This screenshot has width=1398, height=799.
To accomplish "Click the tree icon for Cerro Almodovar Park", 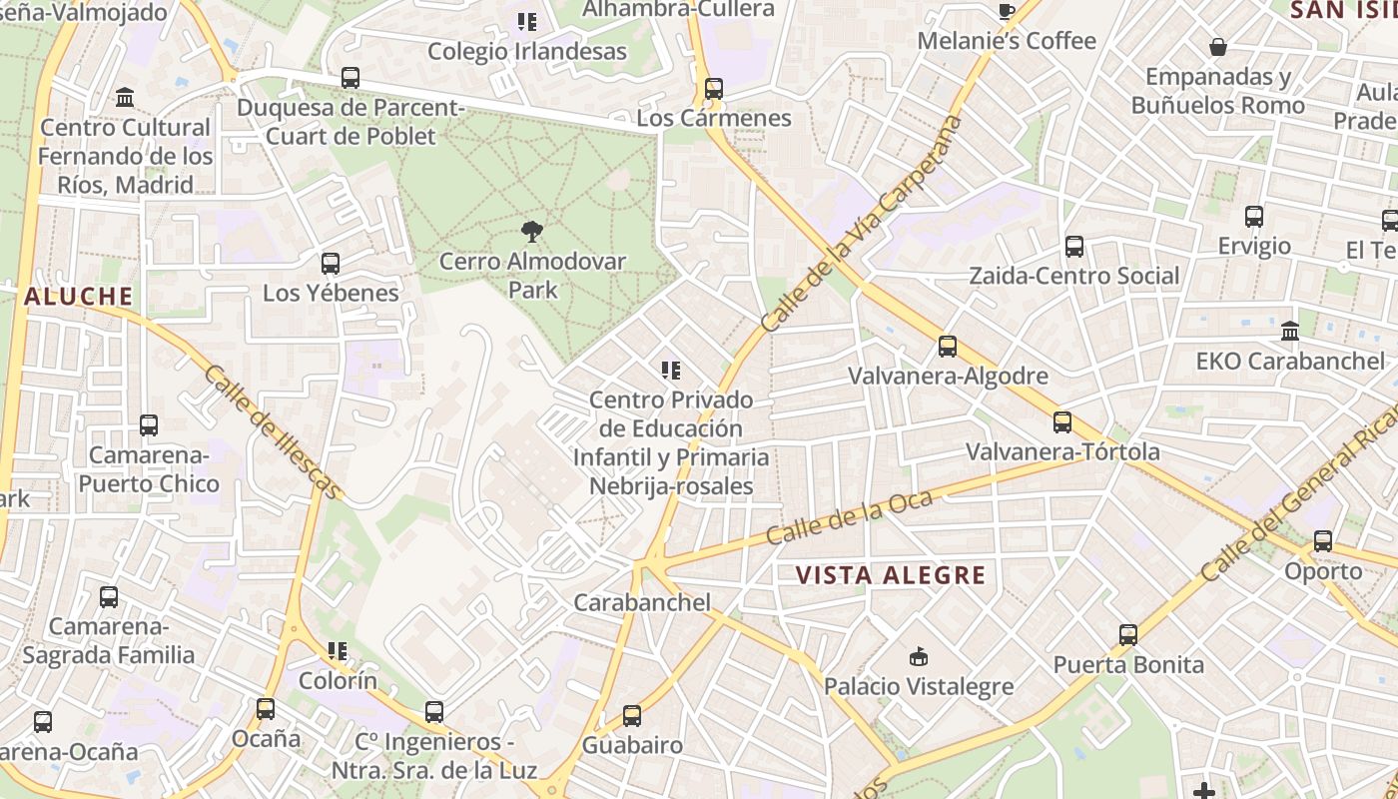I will point(531,232).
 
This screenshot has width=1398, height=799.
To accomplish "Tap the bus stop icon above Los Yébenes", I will point(330,264).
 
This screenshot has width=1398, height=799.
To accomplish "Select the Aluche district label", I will point(78,297).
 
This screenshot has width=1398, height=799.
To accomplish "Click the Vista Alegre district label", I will point(891,575).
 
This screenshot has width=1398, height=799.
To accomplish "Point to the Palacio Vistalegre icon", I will point(919,656).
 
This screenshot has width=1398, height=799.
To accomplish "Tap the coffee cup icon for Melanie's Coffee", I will point(1007,12).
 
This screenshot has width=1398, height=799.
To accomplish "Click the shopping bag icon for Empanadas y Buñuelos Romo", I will point(1218,47).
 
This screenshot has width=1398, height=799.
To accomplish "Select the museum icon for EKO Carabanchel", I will point(1290,331).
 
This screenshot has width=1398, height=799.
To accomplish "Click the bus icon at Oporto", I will point(1323,541).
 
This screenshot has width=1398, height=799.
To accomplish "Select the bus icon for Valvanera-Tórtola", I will point(1062,422).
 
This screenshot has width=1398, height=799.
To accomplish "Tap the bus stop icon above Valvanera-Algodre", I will point(947,347).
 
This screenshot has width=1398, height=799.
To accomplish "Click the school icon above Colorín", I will point(338,652).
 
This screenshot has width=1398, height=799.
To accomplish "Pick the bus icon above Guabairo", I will point(631,716).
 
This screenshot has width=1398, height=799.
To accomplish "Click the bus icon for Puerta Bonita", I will point(1128,635).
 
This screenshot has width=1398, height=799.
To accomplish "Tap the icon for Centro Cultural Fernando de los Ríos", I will point(126,98).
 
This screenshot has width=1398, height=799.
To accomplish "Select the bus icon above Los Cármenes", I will point(713,89).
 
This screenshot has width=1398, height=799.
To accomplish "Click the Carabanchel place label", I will point(642,602).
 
